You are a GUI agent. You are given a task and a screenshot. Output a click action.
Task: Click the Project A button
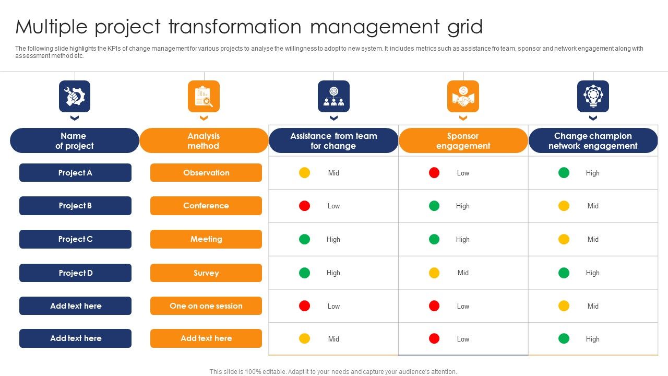(x=75, y=173)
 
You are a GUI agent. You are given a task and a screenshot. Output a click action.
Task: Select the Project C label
(x=75, y=239)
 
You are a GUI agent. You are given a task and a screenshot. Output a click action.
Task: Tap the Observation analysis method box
(x=206, y=173)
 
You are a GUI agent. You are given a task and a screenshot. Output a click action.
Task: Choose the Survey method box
(x=206, y=273)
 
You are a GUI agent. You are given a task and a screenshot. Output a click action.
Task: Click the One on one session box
(x=206, y=306)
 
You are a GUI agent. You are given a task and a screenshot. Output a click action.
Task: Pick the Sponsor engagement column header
(x=463, y=141)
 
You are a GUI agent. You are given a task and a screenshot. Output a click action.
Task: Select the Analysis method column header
(x=204, y=141)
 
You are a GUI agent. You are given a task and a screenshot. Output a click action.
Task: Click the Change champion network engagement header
(x=593, y=141)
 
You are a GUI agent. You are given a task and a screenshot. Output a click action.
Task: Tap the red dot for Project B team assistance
(x=304, y=206)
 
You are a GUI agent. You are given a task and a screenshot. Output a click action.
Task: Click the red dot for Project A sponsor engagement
(x=434, y=173)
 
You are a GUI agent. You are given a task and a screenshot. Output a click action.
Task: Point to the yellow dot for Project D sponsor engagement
(x=434, y=273)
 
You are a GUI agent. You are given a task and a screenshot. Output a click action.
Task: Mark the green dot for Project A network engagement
(x=564, y=173)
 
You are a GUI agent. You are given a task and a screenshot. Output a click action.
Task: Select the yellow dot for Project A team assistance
(x=304, y=173)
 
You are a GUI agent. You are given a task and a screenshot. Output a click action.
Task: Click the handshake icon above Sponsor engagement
(x=463, y=97)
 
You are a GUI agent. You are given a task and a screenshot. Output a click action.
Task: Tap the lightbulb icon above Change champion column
(x=593, y=97)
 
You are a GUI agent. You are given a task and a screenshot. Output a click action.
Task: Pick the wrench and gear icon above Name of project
(x=75, y=97)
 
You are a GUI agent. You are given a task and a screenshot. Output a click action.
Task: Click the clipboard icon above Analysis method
(x=204, y=97)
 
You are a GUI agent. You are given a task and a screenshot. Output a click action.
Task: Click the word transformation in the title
(x=235, y=27)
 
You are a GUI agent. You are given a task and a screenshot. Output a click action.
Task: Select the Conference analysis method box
(x=206, y=206)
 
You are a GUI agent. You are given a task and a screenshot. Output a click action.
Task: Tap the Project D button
(x=75, y=273)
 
